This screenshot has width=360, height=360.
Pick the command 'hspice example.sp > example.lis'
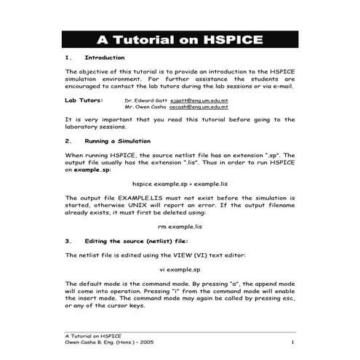coord(180,185)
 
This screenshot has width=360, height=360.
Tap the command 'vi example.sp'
coord(180,268)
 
